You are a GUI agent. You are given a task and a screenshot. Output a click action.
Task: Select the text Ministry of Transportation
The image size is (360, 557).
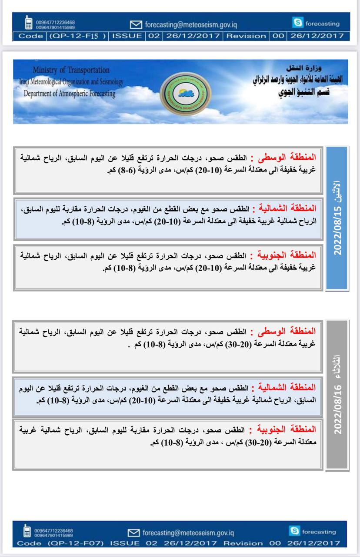click(70, 70)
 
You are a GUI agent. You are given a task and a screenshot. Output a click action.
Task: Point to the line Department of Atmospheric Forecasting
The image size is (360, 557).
click(70, 93)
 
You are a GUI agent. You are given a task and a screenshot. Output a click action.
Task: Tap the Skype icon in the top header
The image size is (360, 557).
click(298, 23)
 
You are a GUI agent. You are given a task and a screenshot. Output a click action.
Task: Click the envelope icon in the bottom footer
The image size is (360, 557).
click(134, 533)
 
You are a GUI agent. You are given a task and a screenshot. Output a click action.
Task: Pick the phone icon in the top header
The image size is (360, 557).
click(28, 23)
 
